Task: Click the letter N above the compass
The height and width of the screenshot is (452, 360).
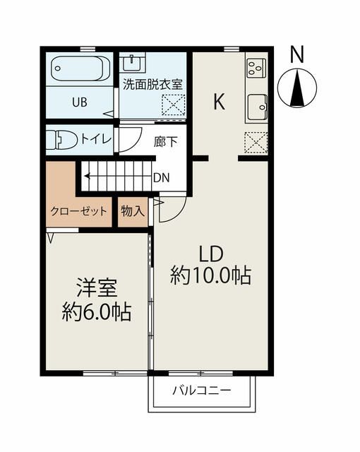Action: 297,54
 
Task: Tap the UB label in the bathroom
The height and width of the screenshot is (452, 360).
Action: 78,102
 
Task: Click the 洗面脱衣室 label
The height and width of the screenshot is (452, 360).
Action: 152,83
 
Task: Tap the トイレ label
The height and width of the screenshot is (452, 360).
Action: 96,139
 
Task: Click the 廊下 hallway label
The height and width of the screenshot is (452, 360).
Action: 165,141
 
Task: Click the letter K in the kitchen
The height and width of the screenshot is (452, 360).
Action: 219,102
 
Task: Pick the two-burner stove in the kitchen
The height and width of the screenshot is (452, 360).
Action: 255,69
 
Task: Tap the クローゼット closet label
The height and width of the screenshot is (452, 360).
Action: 78,211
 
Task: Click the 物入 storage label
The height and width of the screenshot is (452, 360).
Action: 132,211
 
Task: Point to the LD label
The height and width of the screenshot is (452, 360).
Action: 210,254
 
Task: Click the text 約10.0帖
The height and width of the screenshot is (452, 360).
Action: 210,276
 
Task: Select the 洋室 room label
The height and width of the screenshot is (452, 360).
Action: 97,289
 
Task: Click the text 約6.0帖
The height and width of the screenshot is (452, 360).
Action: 97,312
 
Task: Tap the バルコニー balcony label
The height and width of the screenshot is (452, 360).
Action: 201,391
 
